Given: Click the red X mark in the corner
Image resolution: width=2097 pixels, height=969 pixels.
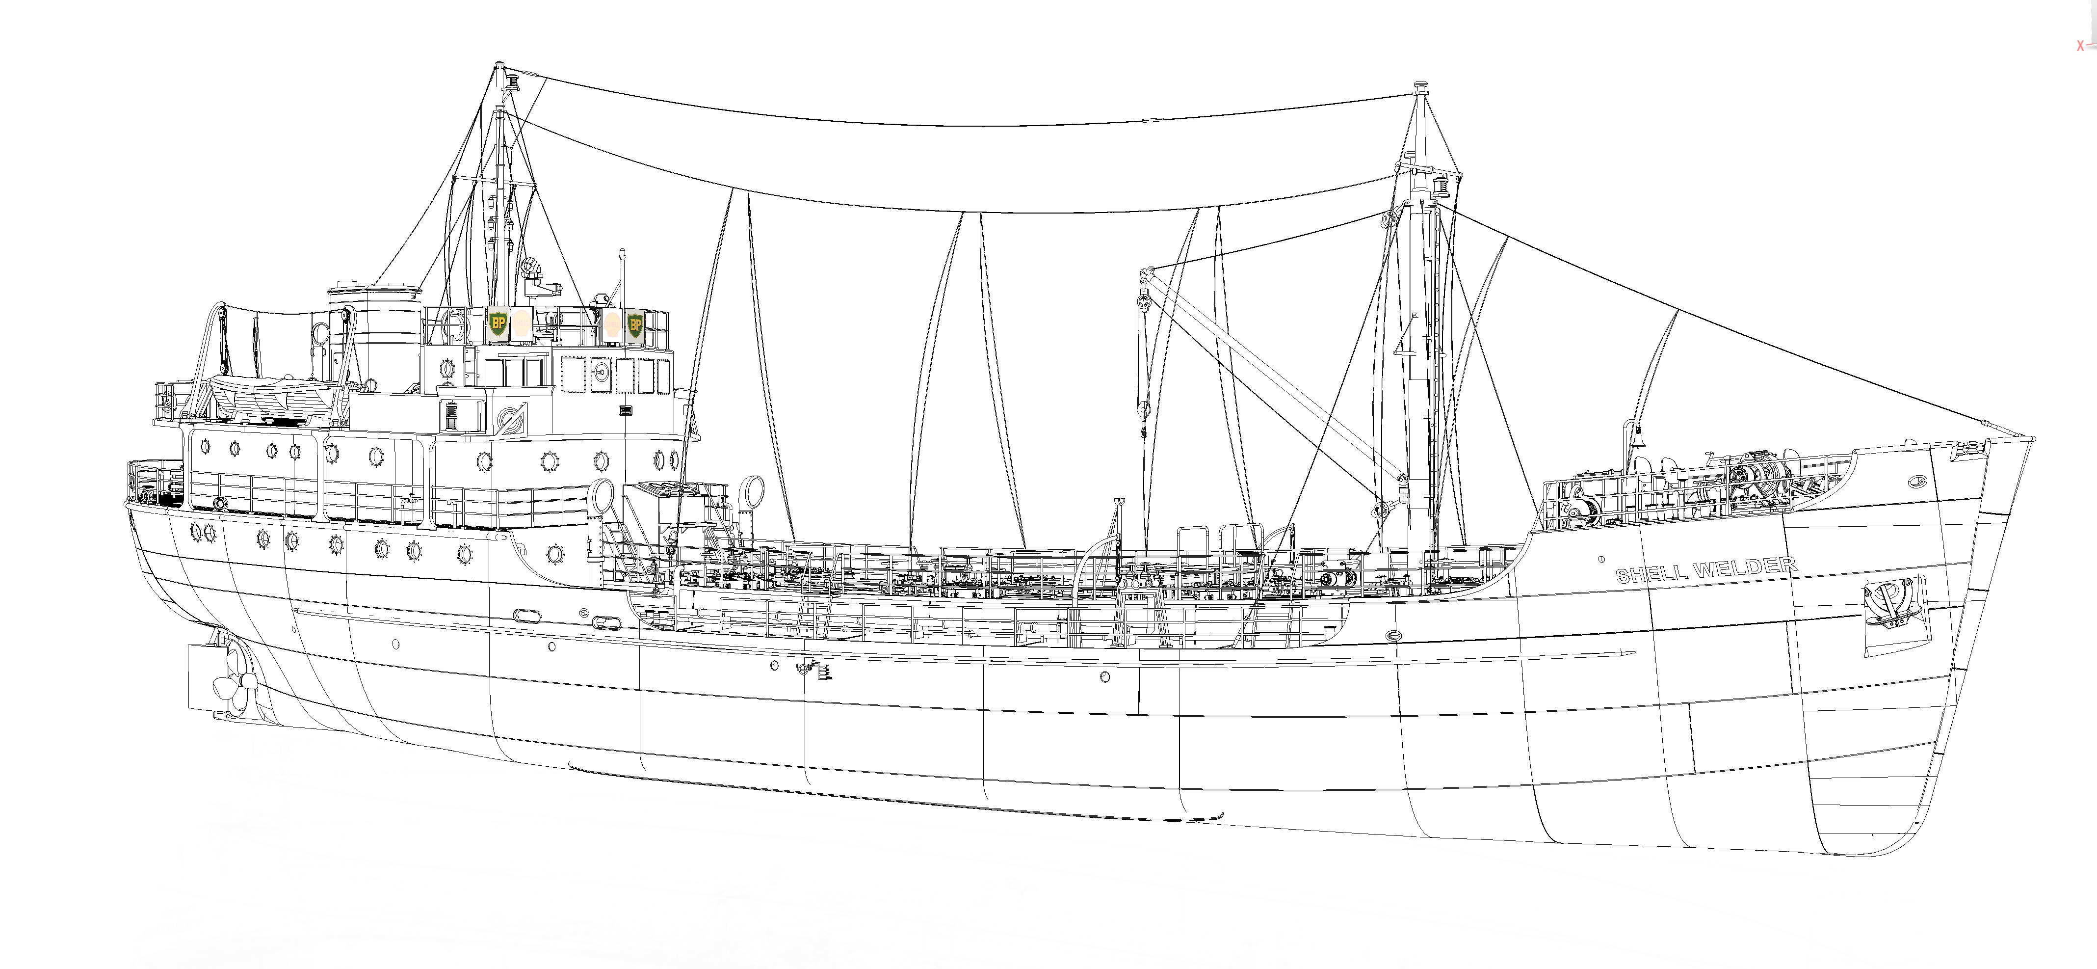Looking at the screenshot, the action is click(2080, 47).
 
